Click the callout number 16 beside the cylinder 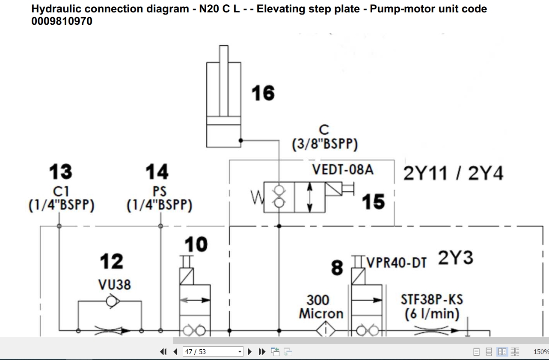point(263,93)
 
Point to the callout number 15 point(373,202)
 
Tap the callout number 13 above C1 point(60,171)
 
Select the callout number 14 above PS point(157,171)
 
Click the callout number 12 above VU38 point(112,261)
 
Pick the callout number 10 point(196,244)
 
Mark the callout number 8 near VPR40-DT point(337,268)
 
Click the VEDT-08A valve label point(343,169)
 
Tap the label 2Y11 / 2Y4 point(453,174)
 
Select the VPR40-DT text point(397,263)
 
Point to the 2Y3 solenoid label point(455,258)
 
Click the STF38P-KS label point(432,300)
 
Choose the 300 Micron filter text point(321,307)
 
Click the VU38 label point(114,285)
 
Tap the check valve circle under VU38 point(112,301)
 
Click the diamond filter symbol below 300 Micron point(326,330)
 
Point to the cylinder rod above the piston point(224,80)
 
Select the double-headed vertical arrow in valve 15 point(310,197)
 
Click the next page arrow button point(250,352)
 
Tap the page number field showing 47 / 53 point(213,352)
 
